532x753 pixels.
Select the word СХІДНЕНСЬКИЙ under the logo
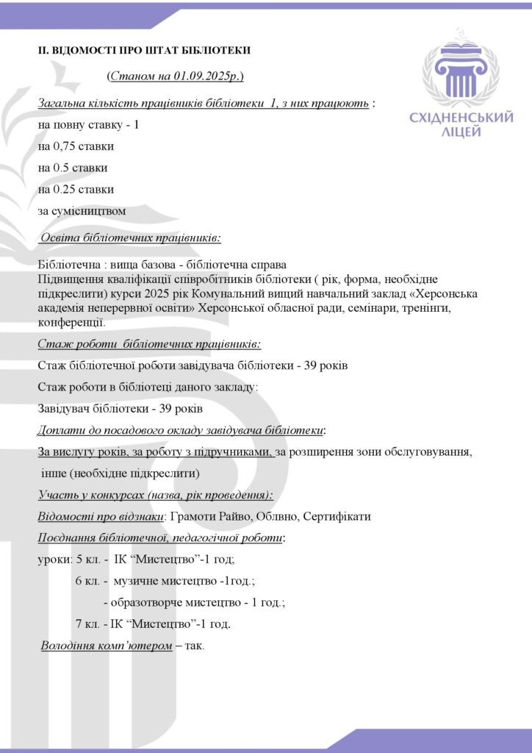tap(461, 118)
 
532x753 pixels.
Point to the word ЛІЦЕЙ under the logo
tap(461, 132)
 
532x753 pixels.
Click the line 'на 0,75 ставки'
tap(76, 146)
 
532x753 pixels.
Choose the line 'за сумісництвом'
tap(82, 211)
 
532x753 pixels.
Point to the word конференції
tap(71, 321)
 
